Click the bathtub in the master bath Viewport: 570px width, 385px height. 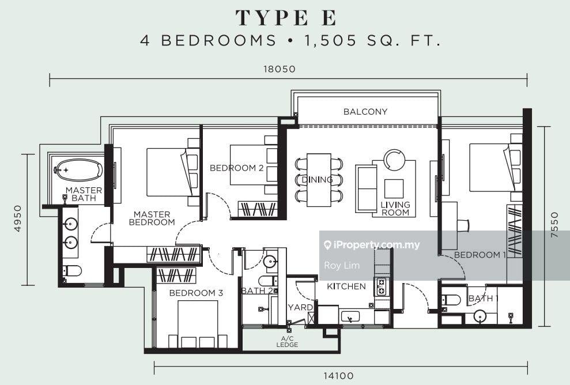coord(78,170)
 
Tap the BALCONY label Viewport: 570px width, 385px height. coord(365,112)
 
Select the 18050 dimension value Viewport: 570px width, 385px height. coord(280,69)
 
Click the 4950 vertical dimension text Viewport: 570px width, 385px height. coord(18,218)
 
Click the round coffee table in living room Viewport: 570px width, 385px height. coord(395,159)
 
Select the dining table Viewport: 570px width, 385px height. coord(318,180)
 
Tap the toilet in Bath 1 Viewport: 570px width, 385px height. coord(450,300)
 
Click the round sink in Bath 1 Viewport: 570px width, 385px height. coord(481,316)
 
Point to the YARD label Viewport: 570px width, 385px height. coord(300,308)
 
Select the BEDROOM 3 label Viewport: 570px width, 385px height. coord(196,293)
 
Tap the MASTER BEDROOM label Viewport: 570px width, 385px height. coord(152,218)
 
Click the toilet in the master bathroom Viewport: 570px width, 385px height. coord(71,270)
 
